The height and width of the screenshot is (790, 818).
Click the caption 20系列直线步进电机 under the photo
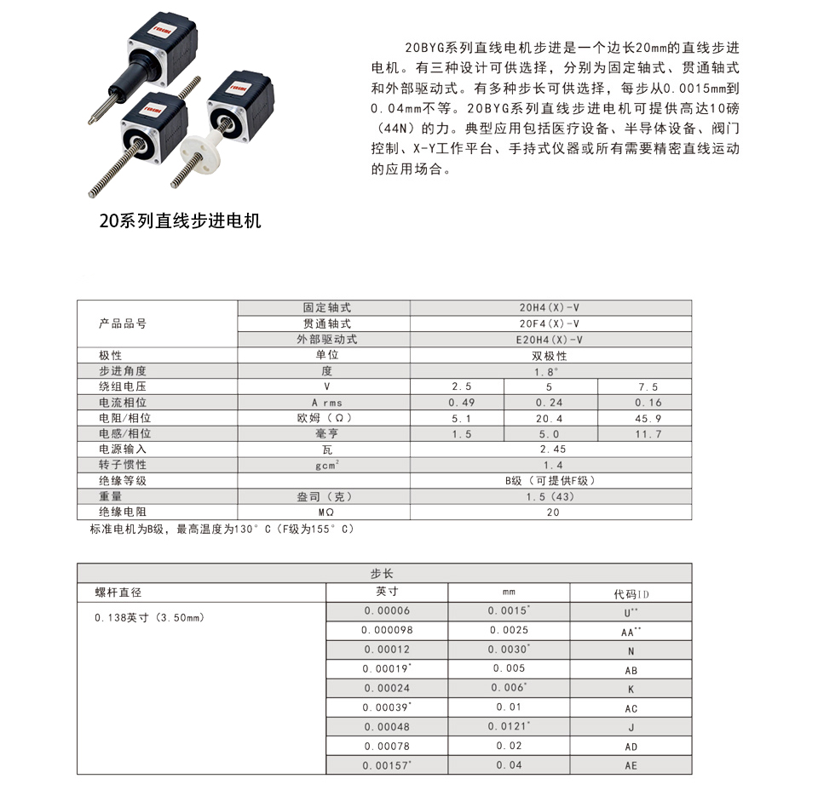(x=180, y=222)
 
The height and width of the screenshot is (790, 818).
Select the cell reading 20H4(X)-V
(x=550, y=307)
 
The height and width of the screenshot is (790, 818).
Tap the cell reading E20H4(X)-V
(x=550, y=339)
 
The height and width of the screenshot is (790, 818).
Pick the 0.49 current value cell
(x=462, y=402)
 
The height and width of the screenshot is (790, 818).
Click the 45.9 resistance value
(x=648, y=418)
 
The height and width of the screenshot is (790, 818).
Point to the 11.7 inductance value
(x=648, y=434)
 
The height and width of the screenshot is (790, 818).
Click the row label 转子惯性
(x=123, y=465)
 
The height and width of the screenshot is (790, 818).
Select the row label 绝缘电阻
(x=123, y=512)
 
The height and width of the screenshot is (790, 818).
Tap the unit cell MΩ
(x=325, y=512)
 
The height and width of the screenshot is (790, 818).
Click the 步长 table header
(x=383, y=574)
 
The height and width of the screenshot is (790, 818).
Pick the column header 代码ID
(x=631, y=593)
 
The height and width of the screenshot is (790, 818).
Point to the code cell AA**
(x=631, y=632)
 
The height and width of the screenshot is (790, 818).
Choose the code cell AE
(x=631, y=765)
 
